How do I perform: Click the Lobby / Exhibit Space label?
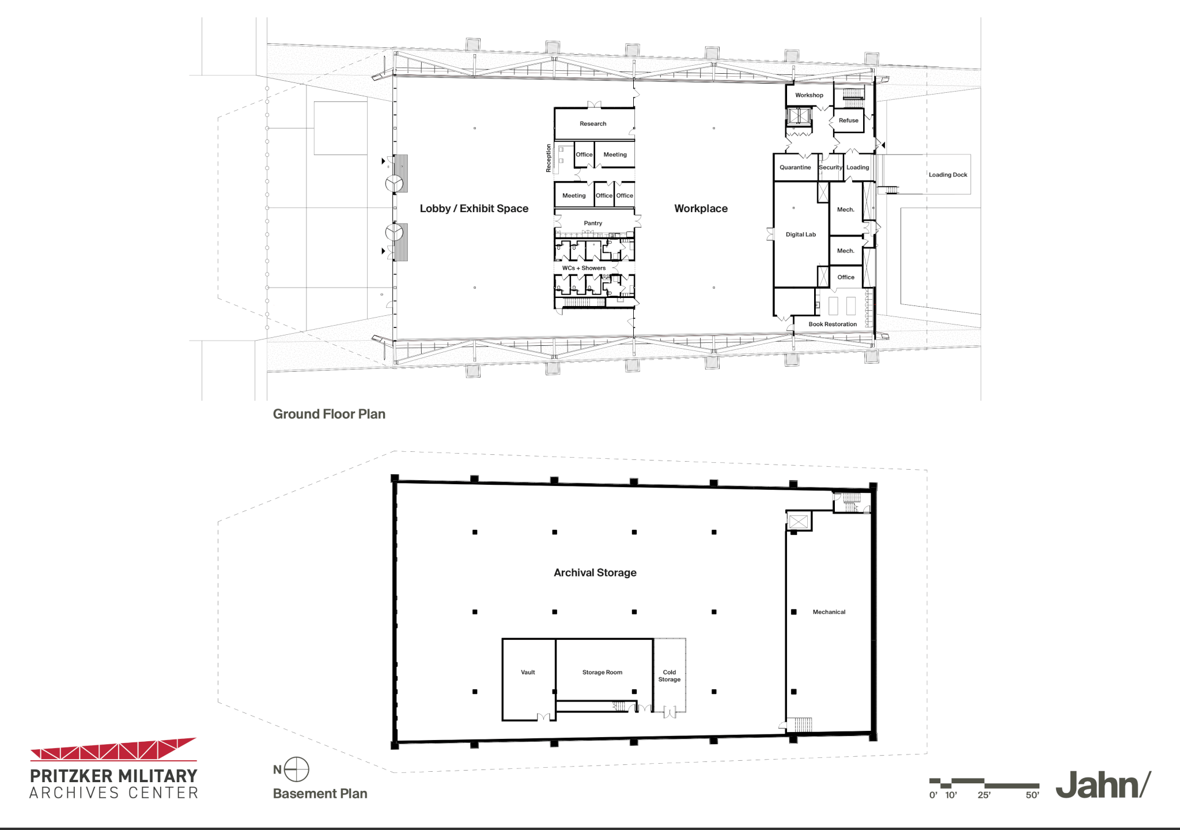(x=474, y=209)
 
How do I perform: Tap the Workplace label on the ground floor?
(x=701, y=209)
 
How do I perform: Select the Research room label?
(x=593, y=124)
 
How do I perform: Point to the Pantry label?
(x=593, y=223)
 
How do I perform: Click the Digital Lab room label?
(x=800, y=235)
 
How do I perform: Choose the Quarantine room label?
(x=795, y=168)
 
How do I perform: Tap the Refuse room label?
(x=848, y=120)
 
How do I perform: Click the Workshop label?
(x=809, y=95)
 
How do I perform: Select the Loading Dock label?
(x=948, y=175)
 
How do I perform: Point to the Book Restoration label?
(x=833, y=325)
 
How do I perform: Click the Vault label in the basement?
(x=528, y=672)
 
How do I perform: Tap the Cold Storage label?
(x=669, y=676)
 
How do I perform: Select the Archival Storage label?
(x=595, y=572)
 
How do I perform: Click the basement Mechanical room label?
(x=829, y=612)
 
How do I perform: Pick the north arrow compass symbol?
(x=297, y=769)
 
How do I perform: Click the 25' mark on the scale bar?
(x=984, y=795)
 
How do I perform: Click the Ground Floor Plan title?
(x=329, y=414)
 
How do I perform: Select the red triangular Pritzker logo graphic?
(x=114, y=749)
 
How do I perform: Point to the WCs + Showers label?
(x=584, y=268)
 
